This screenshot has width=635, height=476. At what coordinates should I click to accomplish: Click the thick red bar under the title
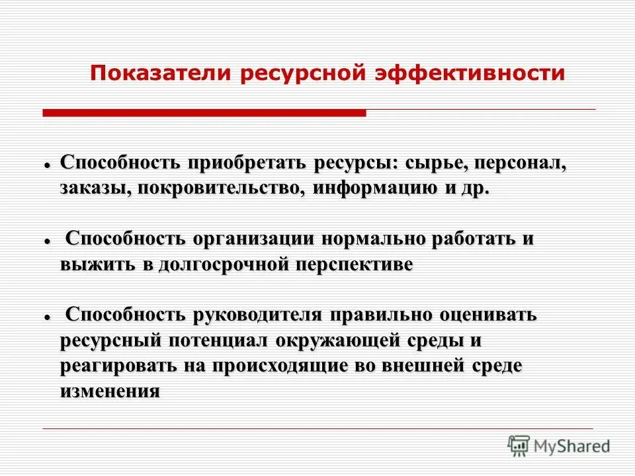tap(204, 114)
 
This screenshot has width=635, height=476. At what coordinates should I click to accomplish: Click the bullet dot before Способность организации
tap(48, 241)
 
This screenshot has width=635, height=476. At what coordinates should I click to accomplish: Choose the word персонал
tap(521, 163)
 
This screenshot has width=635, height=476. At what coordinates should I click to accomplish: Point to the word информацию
tap(376, 188)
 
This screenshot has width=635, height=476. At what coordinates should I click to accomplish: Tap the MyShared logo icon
tap(519, 446)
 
